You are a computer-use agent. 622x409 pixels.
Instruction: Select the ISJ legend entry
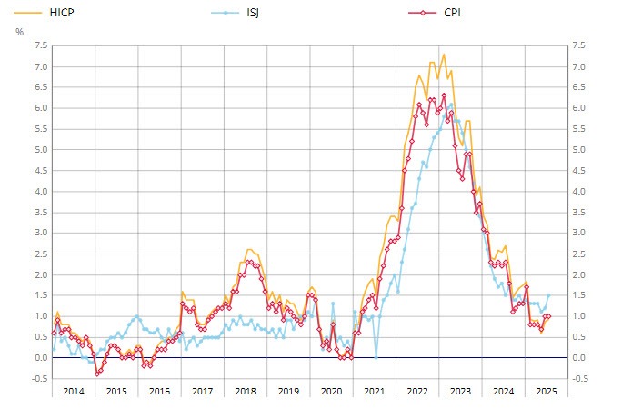(x=250, y=13)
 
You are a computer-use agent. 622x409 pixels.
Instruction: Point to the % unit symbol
(x=20, y=32)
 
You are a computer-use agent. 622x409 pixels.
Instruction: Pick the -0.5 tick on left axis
(x=39, y=379)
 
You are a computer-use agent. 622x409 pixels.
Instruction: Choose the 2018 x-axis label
(x=246, y=391)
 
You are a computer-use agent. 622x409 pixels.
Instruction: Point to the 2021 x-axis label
(x=375, y=391)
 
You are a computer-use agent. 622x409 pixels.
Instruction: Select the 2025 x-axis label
(x=546, y=391)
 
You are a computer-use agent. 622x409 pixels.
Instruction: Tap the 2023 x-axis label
(x=461, y=391)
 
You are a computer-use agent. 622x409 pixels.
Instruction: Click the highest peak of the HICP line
(x=444, y=55)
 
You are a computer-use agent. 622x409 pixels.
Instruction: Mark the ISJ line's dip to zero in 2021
(x=376, y=357)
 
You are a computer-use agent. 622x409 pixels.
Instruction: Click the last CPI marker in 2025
(x=548, y=316)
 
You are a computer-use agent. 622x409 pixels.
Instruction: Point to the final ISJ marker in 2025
(x=548, y=294)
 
